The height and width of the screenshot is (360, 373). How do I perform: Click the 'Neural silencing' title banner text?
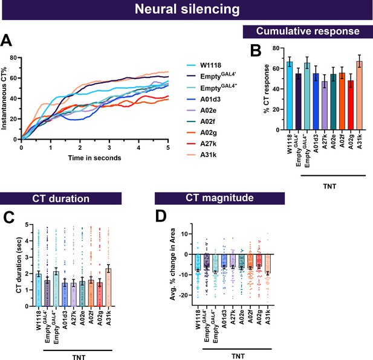click(x=187, y=10)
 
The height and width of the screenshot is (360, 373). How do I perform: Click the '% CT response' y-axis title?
click(x=267, y=89)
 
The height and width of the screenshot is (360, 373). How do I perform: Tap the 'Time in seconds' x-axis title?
click(x=94, y=158)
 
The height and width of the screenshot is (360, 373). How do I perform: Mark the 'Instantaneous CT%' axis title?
click(x=4, y=98)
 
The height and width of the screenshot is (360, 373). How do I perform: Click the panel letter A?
click(x=6, y=40)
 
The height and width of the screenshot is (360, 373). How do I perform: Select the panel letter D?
click(x=161, y=216)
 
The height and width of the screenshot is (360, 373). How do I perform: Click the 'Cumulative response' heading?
click(x=308, y=31)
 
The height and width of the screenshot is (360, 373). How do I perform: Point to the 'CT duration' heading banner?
click(x=60, y=199)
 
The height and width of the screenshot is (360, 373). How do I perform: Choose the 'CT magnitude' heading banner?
click(x=219, y=198)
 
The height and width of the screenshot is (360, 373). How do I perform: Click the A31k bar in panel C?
click(x=108, y=288)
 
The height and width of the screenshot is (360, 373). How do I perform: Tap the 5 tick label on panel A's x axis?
click(x=168, y=148)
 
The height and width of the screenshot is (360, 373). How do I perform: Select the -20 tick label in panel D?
click(x=183, y=295)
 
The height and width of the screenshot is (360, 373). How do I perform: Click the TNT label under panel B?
click(x=329, y=186)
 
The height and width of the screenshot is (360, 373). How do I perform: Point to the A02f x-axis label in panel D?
click(x=250, y=317)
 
